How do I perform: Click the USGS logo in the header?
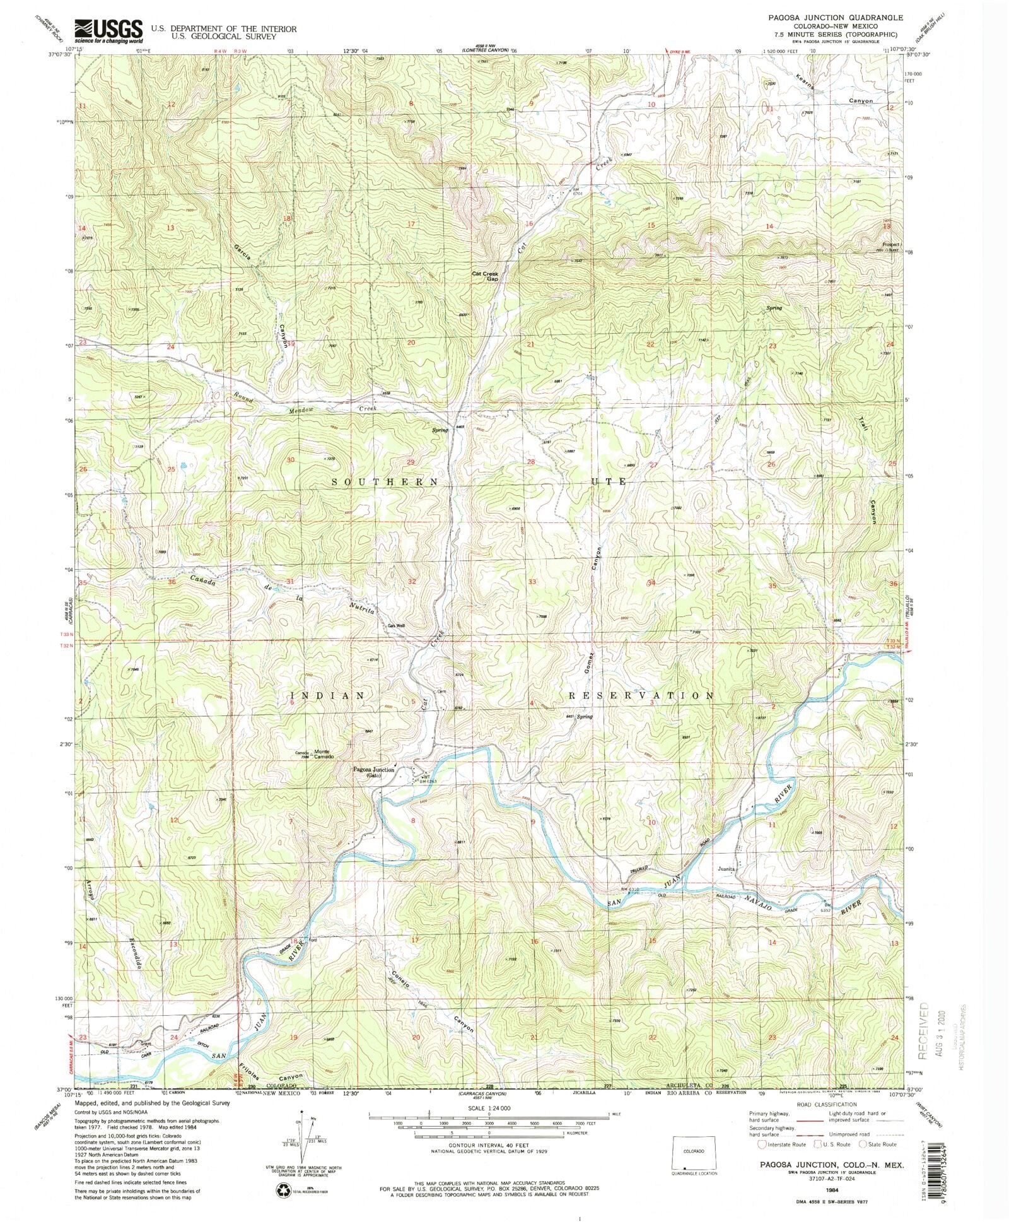[x=108, y=30]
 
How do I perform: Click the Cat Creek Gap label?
[x=485, y=276]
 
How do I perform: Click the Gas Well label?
[x=396, y=626]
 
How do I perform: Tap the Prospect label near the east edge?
[x=890, y=244]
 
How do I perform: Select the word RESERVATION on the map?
[x=641, y=695]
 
